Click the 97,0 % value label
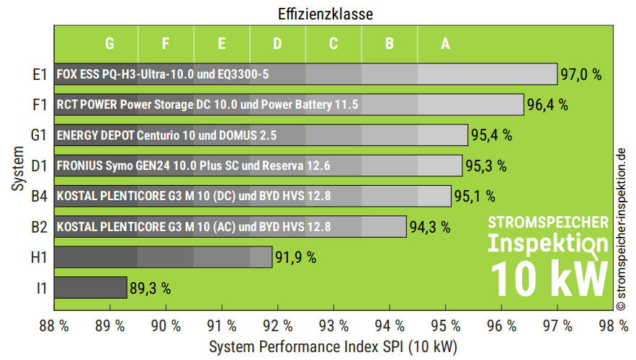(x=581, y=74)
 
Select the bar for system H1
(x=163, y=257)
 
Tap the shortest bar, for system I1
(x=89, y=288)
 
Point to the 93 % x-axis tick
(x=333, y=325)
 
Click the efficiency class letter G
(x=109, y=44)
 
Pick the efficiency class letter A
(x=445, y=44)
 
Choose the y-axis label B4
(x=40, y=196)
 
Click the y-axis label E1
(x=40, y=74)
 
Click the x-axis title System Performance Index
(x=333, y=347)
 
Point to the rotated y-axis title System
(x=17, y=170)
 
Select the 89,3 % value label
(x=151, y=289)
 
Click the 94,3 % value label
(x=430, y=228)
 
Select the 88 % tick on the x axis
(x=54, y=325)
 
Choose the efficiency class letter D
(x=277, y=44)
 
